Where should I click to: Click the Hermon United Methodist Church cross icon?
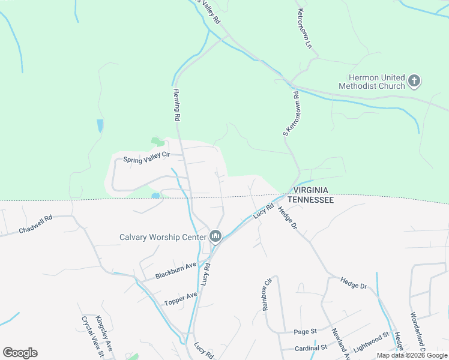point(414,81)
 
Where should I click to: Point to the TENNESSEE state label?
point(310,200)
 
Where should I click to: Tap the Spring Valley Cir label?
point(147,159)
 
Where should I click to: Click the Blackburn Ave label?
point(176,272)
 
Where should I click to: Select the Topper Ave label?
point(181,296)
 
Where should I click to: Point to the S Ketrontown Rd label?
point(291,113)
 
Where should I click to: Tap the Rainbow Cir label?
point(267,294)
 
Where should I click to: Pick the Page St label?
point(305,332)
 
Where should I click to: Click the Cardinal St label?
point(310,347)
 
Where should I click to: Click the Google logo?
point(20,353)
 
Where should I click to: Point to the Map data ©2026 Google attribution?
point(412,355)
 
